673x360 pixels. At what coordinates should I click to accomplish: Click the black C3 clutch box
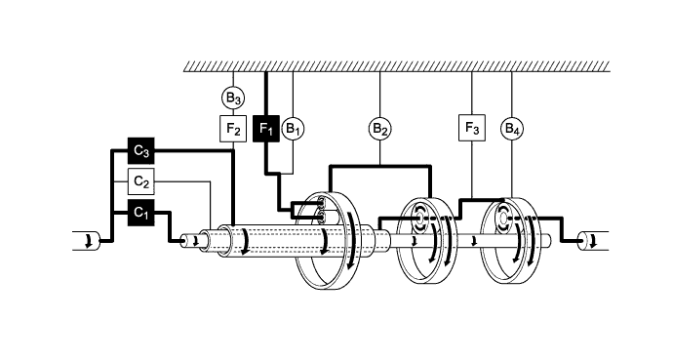[x=141, y=151]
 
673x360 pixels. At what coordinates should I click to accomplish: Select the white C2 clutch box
[x=141, y=180]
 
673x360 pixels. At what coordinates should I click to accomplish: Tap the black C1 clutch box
[x=141, y=210]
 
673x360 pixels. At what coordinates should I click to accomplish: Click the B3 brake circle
[x=233, y=97]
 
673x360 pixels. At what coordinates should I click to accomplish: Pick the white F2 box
[x=233, y=128]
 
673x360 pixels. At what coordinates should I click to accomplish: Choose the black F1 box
[x=266, y=128]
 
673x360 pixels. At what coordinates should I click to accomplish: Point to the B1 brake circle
[x=294, y=128]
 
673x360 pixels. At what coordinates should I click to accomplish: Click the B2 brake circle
[x=379, y=128]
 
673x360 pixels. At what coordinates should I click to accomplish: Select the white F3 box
[x=471, y=128]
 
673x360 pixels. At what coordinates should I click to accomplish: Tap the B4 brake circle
[x=512, y=128]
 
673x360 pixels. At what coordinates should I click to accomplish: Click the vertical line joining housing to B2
[x=379, y=94]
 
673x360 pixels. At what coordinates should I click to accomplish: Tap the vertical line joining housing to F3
[x=471, y=94]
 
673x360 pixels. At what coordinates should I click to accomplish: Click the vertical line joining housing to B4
[x=512, y=94]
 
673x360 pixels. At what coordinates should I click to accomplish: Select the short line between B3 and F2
[x=233, y=111]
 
